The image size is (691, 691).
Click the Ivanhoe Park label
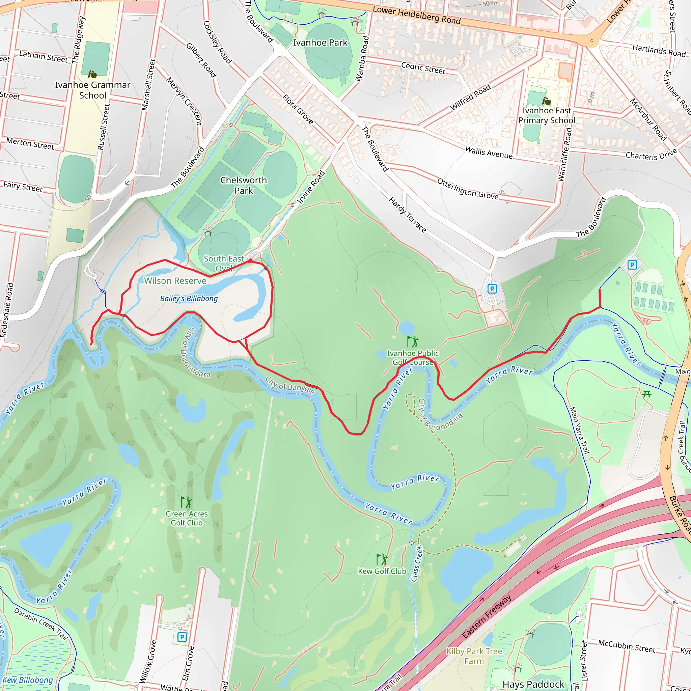tap(320, 43)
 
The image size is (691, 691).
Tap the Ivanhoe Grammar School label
tap(93, 90)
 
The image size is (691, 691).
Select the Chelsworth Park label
tap(244, 185)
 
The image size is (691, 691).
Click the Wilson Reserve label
tap(175, 281)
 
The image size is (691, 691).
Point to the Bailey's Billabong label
tap(189, 298)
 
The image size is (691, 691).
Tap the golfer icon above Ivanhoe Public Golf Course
tap(412, 341)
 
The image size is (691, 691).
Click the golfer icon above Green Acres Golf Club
tap(186, 502)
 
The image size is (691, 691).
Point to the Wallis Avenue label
tap(489, 153)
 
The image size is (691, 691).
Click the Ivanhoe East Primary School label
tap(547, 115)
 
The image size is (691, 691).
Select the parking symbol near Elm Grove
tap(182, 637)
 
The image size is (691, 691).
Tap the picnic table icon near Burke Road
tap(647, 394)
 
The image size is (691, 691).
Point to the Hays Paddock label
tap(533, 684)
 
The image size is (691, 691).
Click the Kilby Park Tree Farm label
tap(474, 656)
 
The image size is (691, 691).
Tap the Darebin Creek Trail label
tap(41, 624)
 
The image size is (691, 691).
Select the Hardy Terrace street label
tap(407, 215)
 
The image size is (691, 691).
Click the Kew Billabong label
tap(28, 680)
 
